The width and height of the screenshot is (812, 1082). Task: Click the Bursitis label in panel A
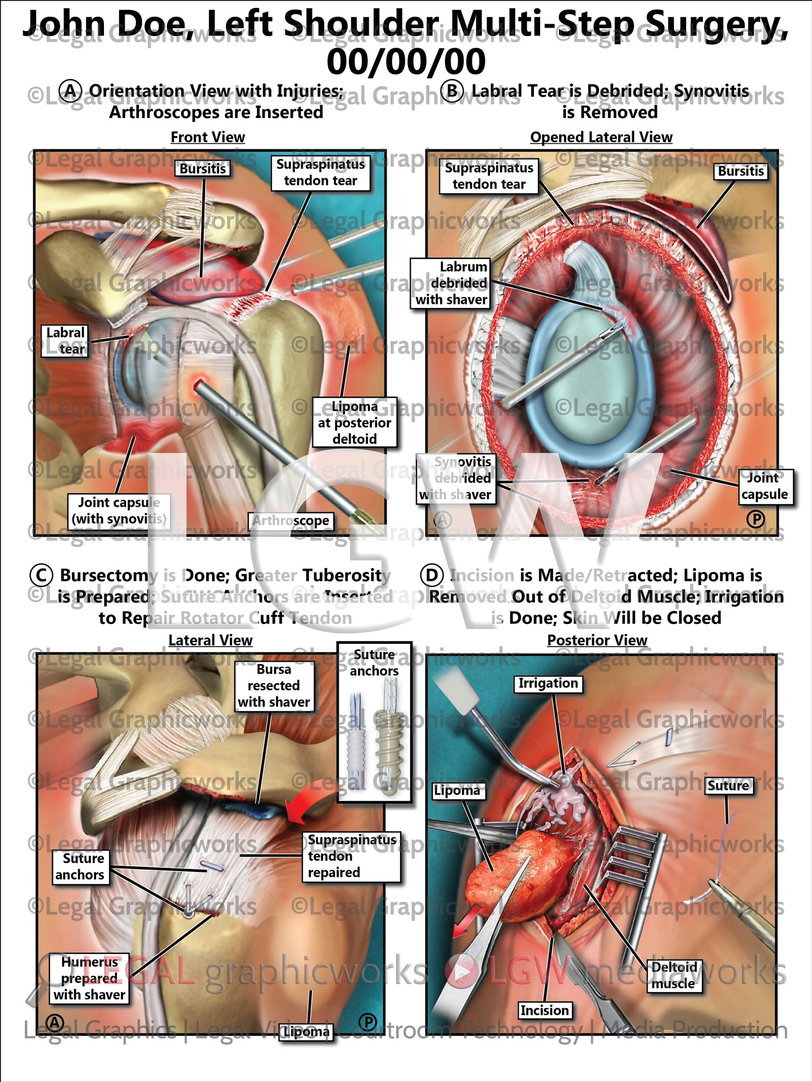(x=203, y=169)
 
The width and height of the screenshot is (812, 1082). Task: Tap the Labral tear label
(x=65, y=341)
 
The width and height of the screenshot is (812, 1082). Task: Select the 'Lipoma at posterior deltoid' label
(x=355, y=422)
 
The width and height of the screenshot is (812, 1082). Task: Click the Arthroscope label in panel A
(x=291, y=521)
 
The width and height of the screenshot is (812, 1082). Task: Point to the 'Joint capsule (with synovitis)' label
(x=119, y=510)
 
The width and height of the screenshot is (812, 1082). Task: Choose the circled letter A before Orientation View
(x=71, y=91)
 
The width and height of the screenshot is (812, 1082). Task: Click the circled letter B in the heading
(x=453, y=91)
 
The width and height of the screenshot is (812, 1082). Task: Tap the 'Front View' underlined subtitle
(x=208, y=137)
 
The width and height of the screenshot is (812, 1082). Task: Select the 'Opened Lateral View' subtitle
(x=601, y=137)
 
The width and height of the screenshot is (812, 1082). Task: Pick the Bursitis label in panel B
(x=741, y=171)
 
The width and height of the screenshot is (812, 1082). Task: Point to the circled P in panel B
(x=756, y=519)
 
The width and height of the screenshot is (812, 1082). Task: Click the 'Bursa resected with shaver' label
(x=274, y=685)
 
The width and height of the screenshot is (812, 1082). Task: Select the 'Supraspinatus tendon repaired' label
(x=351, y=856)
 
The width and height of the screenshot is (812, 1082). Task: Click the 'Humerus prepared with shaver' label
(x=89, y=978)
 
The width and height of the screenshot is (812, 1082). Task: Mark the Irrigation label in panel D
(x=548, y=683)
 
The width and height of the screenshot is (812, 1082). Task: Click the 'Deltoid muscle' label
(x=674, y=975)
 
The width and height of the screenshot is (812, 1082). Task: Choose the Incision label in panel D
(x=545, y=1011)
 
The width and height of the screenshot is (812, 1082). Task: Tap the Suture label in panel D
(x=728, y=785)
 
